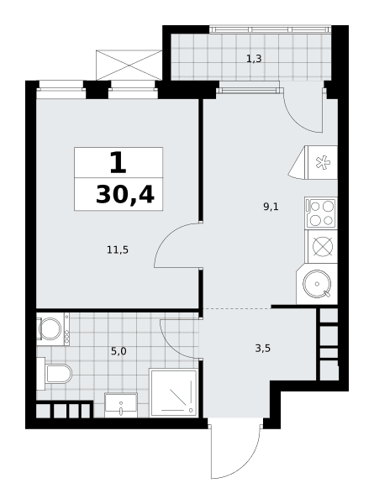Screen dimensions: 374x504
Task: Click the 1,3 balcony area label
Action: (254, 59)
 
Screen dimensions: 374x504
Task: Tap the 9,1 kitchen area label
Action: (271, 207)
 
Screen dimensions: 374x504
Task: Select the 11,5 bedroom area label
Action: (118, 249)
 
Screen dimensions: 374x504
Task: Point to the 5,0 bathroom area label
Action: (119, 351)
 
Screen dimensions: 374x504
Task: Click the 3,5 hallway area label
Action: (263, 348)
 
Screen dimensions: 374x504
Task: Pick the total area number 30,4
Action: (125, 195)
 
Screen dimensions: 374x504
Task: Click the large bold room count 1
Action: (118, 162)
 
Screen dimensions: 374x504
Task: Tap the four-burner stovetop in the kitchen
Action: (321, 213)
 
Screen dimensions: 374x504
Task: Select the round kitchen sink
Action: (317, 284)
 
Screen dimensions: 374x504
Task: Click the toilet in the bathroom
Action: (55, 374)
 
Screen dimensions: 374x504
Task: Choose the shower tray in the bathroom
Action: (174, 393)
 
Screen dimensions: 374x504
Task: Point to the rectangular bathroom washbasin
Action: (121, 405)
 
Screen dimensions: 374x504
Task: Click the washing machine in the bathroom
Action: (52, 328)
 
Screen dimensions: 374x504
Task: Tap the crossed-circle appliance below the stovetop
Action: (322, 246)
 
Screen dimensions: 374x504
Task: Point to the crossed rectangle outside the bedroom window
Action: (129, 65)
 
